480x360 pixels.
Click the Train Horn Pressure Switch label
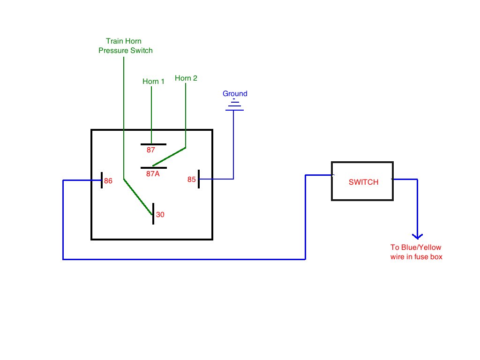126,46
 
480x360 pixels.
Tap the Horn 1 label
153,82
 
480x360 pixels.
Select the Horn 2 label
186,78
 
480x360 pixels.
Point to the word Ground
235,93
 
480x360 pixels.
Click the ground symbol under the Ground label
234,105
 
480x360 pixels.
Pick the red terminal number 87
150,150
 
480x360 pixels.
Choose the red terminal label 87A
153,174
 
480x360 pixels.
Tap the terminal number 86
108,181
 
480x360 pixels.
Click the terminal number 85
192,180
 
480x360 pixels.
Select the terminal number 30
160,215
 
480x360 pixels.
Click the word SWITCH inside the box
364,182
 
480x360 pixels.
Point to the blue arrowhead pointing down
417,236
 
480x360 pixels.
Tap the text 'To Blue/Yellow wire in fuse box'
416,252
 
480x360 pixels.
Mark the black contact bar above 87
153,144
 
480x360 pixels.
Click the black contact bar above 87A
154,168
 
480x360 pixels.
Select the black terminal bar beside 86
102,180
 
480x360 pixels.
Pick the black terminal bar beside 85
199,179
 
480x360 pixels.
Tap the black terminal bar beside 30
153,214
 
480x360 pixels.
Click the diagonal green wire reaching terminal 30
138,197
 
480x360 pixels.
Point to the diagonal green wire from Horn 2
169,157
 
